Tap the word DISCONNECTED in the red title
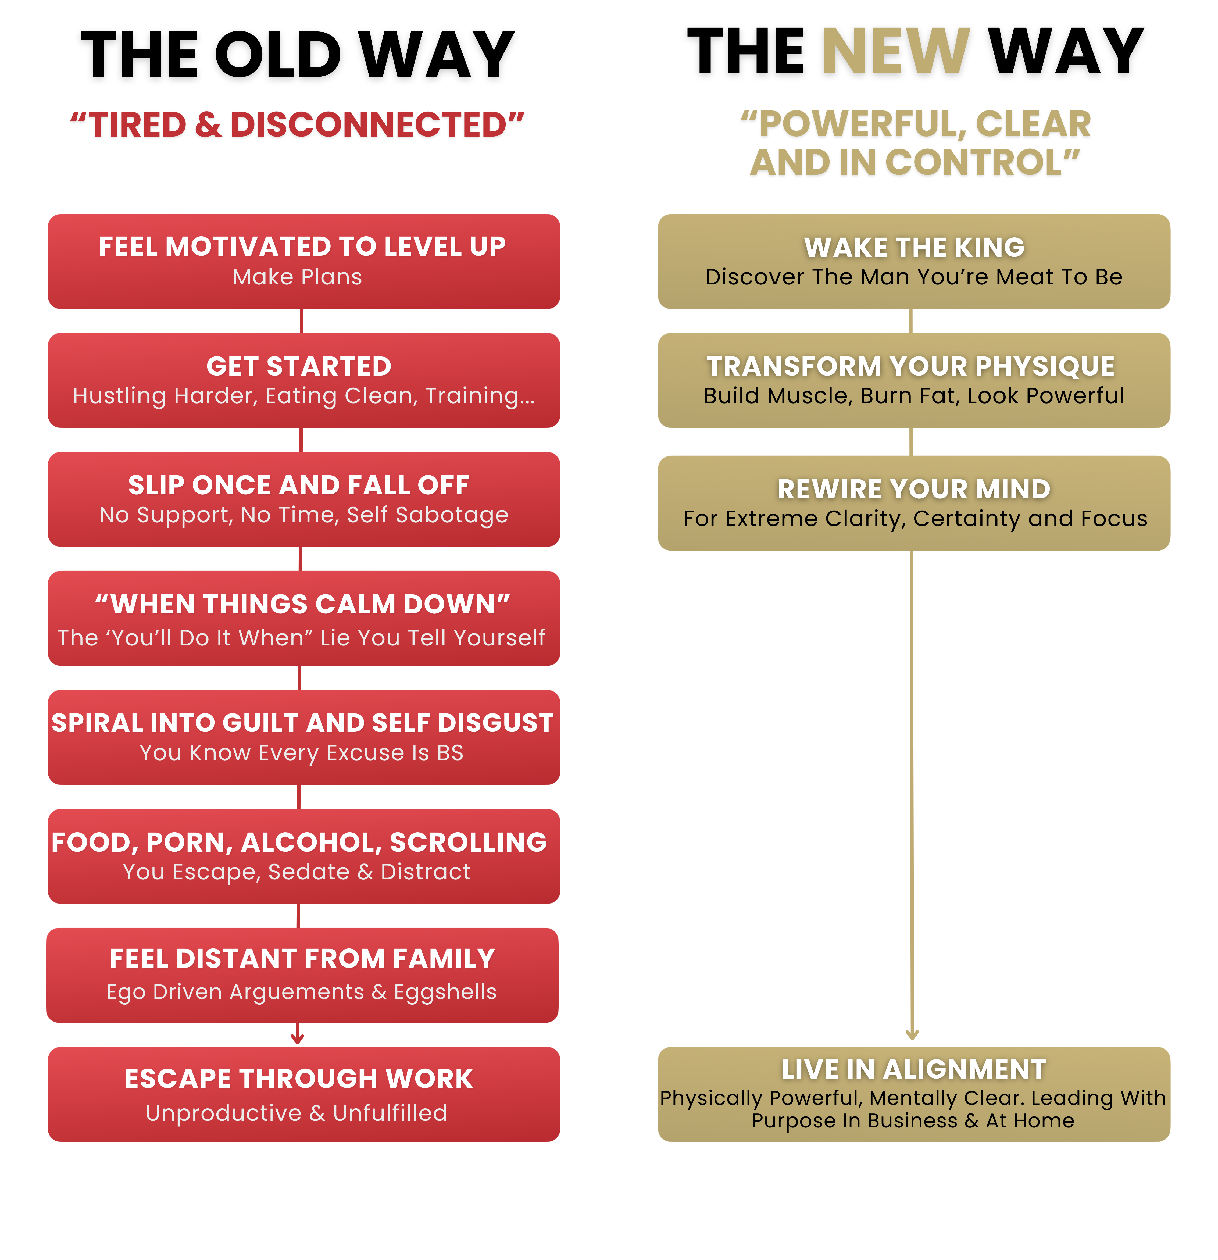(368, 125)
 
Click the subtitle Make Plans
(297, 277)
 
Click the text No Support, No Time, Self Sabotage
(303, 515)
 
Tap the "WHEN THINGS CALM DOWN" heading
(302, 604)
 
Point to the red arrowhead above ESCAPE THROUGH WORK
(297, 1038)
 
